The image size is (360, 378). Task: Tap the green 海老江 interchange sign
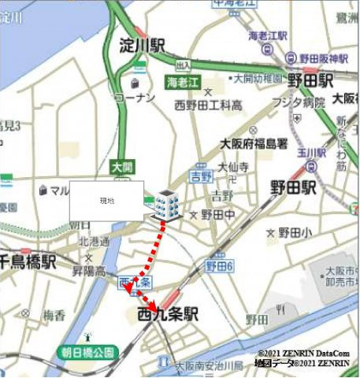coord(184,83)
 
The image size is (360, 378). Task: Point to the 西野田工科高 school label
coord(209,105)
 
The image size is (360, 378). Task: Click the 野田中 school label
coord(217,214)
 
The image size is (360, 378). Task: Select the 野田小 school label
coord(295,232)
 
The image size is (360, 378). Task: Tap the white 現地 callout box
coord(106,201)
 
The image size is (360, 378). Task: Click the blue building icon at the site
coord(166,206)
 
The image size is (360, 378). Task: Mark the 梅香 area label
coord(54,316)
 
